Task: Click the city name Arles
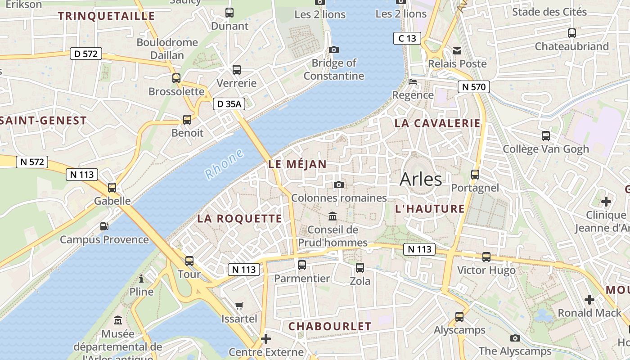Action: click(421, 179)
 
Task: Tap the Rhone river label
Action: click(224, 164)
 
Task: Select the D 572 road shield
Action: click(85, 54)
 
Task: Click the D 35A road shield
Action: click(229, 104)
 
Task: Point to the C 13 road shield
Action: click(407, 38)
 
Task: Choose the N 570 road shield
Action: click(473, 87)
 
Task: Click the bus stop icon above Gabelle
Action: click(112, 188)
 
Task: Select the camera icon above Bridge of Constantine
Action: click(334, 49)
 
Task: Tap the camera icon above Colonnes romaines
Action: click(339, 184)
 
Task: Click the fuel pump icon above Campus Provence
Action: click(104, 226)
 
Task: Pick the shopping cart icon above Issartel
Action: click(239, 306)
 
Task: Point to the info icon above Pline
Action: click(141, 279)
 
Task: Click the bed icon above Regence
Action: click(412, 82)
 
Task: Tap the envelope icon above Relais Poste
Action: click(457, 50)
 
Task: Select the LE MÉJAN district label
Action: click(297, 164)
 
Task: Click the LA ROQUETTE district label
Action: click(239, 219)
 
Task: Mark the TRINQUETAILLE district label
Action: click(106, 16)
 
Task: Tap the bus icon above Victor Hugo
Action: click(486, 257)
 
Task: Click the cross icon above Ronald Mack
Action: click(589, 299)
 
